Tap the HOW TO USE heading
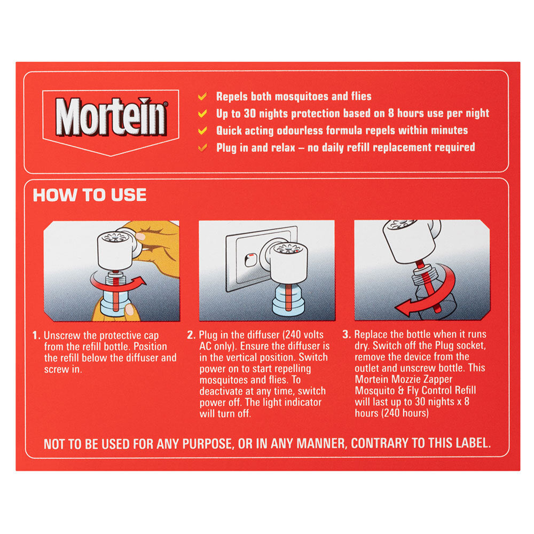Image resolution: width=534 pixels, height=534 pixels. tap(90, 195)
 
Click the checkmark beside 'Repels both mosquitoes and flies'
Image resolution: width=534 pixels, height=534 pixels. tap(202, 97)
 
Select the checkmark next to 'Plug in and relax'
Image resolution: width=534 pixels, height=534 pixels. tap(202, 147)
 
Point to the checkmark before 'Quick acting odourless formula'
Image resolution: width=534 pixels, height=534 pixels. tap(202, 130)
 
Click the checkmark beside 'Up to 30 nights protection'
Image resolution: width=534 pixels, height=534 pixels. tap(202, 114)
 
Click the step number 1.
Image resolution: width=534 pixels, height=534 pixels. tap(36, 335)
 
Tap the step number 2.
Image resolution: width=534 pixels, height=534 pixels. tap(191, 335)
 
